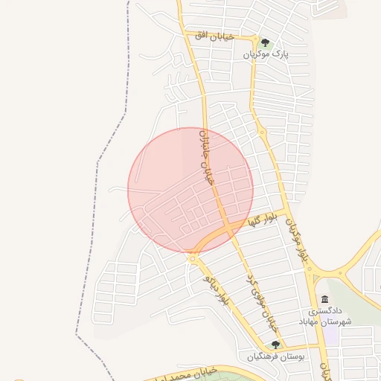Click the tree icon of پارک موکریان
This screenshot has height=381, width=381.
click(265, 42)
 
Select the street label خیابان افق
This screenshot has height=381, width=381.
click(214, 36)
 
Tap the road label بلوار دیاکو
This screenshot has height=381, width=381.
click(216, 289)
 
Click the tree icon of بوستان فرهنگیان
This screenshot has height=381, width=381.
click(275, 345)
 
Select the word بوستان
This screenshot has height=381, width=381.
click(292, 357)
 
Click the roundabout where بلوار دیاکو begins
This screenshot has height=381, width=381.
click(193, 257)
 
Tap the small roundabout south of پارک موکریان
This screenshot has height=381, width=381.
click(262, 132)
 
